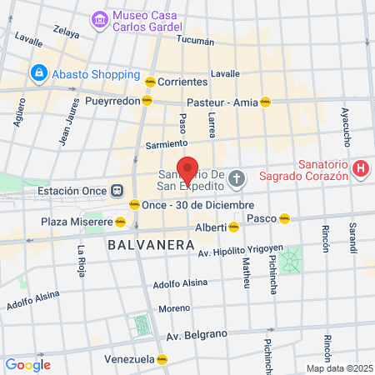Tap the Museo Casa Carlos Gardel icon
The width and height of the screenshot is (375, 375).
pos(99,18)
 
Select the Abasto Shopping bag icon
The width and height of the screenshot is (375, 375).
pos(38,72)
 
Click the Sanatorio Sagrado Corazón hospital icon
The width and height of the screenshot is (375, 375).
pos(361,169)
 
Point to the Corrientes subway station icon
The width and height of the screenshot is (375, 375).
pos(150,82)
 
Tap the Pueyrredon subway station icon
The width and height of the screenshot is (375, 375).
pos(147,100)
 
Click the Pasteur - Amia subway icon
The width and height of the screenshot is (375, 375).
pos(266,101)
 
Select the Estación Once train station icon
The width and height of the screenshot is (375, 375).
pos(118,189)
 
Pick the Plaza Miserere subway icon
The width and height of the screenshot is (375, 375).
pos(121,222)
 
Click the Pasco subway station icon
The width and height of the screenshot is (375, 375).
pos(284,217)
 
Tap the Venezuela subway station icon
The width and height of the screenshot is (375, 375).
pos(162,359)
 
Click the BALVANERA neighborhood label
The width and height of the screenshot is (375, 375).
pos(138,245)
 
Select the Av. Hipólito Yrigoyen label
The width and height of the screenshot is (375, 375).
pos(240,251)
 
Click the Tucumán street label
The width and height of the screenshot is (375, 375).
pos(196,39)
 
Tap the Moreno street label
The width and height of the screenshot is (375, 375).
pos(175,308)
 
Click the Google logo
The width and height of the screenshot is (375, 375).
pos(27,364)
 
